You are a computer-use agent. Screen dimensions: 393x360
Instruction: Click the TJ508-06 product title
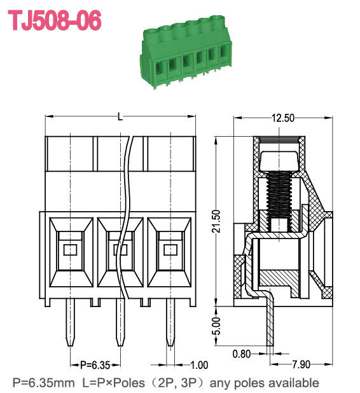click(x=54, y=20)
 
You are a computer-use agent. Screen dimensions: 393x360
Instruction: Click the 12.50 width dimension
click(x=283, y=118)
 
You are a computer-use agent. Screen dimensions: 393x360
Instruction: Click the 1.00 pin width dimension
click(x=200, y=364)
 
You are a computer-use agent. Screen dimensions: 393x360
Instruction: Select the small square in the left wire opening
click(x=70, y=249)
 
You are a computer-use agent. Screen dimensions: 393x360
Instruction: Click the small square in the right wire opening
click(x=170, y=249)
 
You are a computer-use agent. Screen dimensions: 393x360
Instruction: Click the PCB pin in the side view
click(x=270, y=324)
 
